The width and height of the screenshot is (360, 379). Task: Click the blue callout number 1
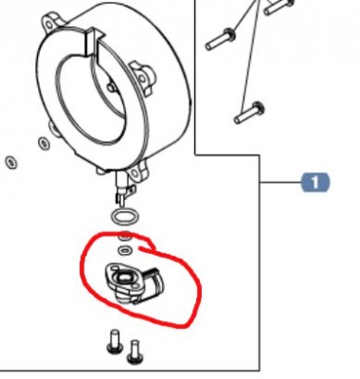315,182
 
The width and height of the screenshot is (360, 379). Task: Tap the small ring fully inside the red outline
125,251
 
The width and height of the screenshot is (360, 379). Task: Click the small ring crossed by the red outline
125,236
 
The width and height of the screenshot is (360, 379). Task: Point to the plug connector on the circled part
154,281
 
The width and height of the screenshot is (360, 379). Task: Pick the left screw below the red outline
116,341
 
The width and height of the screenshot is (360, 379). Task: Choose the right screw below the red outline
135,352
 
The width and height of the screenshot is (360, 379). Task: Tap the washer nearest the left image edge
11,163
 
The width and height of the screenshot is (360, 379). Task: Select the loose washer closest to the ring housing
44,144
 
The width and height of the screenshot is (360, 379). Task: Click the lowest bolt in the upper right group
249,113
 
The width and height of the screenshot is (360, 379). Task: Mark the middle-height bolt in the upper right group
220,39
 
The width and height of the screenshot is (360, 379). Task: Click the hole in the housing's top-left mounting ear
49,25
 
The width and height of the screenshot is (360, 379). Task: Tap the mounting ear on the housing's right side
143,78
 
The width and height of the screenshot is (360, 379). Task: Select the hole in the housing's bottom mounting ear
135,173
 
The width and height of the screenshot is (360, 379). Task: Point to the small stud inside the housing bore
111,88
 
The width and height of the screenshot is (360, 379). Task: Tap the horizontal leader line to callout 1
280,183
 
